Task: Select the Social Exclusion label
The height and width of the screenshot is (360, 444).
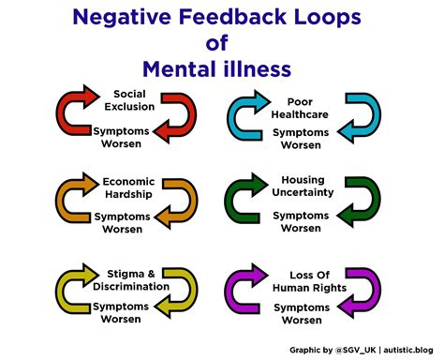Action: click(x=135, y=100)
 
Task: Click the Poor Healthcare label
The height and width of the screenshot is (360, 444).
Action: click(x=300, y=108)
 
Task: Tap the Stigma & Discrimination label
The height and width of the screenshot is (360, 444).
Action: click(x=130, y=280)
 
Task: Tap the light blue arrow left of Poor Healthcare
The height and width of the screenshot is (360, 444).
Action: click(x=247, y=115)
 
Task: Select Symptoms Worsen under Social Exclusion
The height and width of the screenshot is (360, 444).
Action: click(x=130, y=137)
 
